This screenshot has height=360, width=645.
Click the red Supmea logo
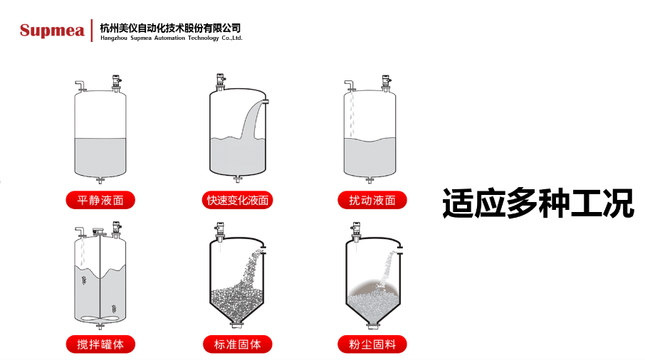point(52,31)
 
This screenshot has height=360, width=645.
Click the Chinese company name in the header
point(170,28)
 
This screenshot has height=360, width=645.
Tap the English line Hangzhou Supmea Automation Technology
point(172,38)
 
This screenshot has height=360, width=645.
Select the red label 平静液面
point(100,200)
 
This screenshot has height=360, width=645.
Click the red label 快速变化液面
point(237,200)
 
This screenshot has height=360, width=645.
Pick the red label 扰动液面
point(372,200)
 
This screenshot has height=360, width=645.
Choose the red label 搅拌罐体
point(100,344)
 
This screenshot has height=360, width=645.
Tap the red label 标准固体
point(237,344)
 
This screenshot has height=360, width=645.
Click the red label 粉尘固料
point(372,344)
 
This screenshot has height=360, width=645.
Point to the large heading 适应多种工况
point(538,203)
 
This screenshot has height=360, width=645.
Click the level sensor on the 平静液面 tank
point(117,83)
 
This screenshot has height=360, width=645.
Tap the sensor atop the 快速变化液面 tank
point(221,82)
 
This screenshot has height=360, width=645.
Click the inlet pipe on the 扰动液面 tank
point(350,85)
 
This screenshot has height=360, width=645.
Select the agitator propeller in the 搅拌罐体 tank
point(100,318)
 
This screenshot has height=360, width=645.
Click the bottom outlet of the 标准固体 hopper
point(237,324)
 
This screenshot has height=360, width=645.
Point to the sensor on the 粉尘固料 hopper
point(356,231)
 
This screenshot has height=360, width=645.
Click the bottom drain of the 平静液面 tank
point(100,180)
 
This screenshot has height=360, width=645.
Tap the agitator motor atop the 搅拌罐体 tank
point(99,232)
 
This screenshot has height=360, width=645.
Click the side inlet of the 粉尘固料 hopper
point(400,250)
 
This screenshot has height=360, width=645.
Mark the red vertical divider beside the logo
point(92,31)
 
